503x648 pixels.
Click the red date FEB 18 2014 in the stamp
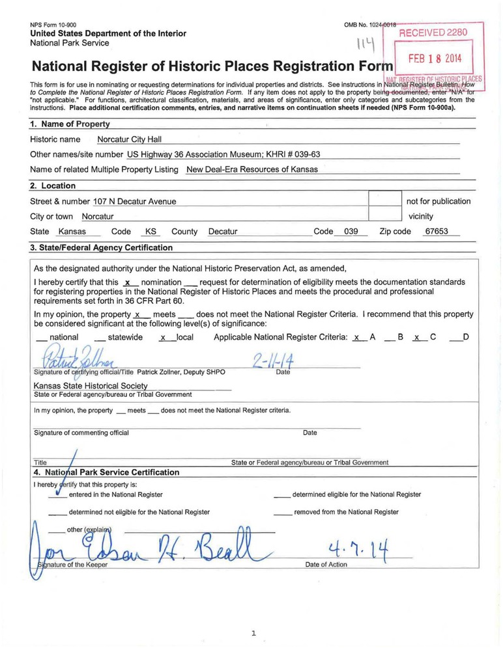coord(435,58)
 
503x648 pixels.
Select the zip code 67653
coord(436,231)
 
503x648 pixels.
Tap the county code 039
coord(351,231)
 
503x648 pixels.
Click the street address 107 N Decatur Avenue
coord(135,201)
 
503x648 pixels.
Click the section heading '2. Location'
coord(53,186)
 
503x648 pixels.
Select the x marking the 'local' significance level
coord(164,337)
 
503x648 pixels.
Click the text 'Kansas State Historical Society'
coord(91,386)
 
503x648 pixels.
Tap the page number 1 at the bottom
coord(253,632)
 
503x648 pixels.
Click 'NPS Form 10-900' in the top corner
coord(53,25)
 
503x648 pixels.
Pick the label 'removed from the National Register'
coord(346,512)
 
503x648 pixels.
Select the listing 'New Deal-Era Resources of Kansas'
coord(252,169)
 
